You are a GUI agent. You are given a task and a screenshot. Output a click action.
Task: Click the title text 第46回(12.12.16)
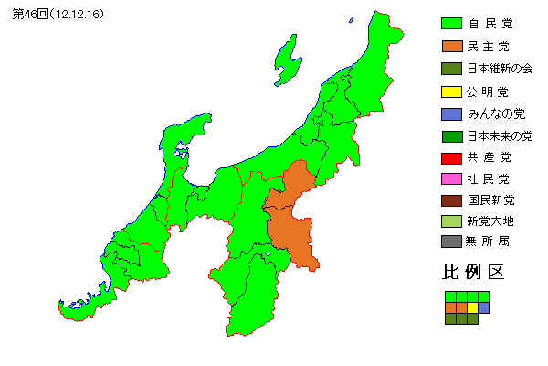tap(58, 16)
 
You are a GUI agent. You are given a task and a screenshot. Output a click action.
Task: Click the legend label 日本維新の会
tap(500, 69)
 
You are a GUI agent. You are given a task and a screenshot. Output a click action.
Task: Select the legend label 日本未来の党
tap(500, 135)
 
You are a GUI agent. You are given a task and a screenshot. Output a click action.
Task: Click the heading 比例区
tap(473, 273)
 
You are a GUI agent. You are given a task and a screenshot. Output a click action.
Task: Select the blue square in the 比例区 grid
tap(484, 308)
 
